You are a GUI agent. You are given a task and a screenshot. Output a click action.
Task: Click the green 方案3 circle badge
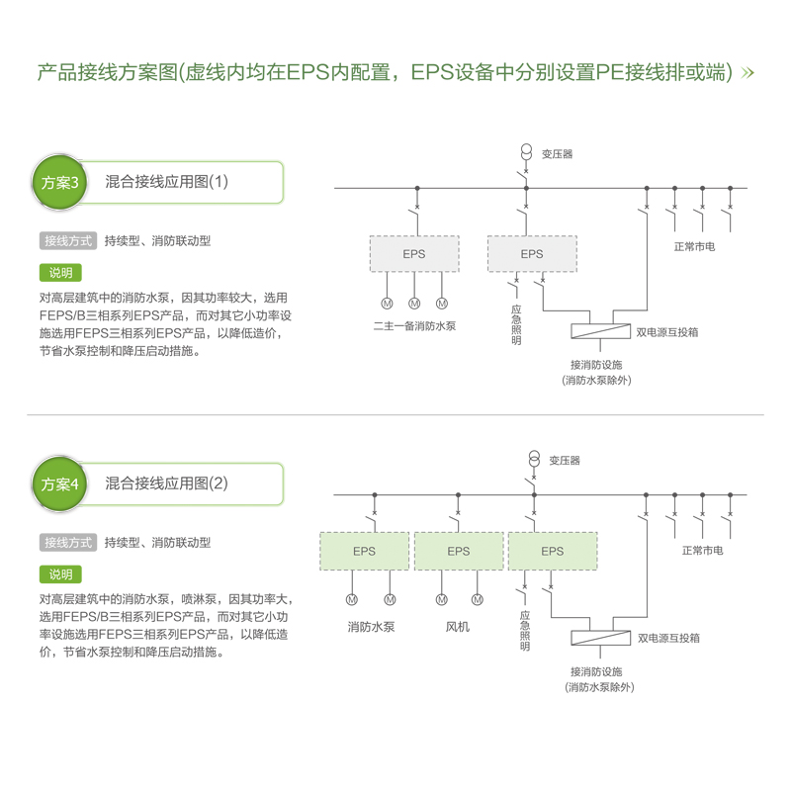pos(59,182)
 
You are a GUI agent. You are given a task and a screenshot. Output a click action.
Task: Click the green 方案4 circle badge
pos(59,483)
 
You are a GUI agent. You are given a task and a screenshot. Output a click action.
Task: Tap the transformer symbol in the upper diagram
pos(526,152)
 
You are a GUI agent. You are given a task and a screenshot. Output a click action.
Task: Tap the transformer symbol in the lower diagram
pos(534,459)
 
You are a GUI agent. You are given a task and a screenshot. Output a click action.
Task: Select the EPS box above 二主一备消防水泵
pos(414,254)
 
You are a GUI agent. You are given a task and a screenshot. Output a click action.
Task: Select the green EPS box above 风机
pos(459,551)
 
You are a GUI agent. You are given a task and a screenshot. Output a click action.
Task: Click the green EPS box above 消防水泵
pos(364,551)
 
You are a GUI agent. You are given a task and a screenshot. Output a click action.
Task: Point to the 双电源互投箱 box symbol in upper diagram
pos(600,331)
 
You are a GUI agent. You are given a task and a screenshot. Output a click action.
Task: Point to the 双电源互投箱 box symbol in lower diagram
pos(600,638)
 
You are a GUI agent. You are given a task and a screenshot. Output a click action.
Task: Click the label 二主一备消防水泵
pos(414,326)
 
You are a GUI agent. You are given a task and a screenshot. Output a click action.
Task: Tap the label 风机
pos(458,627)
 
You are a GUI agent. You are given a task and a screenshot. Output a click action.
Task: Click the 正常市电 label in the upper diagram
pos(694,246)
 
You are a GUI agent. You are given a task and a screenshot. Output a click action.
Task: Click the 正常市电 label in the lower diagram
pos(702,551)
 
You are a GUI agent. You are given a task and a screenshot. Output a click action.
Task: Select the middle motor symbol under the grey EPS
pos(414,304)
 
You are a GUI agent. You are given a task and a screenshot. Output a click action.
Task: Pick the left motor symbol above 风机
pos(441,599)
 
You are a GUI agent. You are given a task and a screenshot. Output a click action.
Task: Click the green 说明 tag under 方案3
pos(60,273)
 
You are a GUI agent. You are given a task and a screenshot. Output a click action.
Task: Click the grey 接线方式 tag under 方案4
pos(68,543)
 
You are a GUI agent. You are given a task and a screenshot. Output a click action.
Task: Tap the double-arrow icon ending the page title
pos(747,73)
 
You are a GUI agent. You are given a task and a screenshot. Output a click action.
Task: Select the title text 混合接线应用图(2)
pos(166,483)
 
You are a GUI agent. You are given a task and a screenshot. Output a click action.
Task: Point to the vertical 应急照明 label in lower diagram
pos(525,631)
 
